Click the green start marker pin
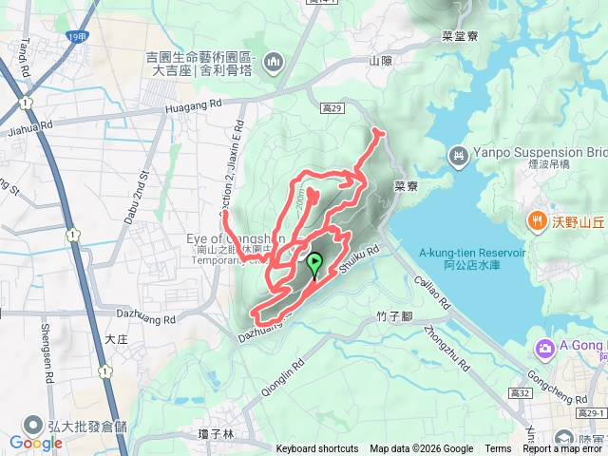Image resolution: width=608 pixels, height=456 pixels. click(313, 265)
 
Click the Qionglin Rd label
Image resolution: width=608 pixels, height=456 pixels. click(284, 365)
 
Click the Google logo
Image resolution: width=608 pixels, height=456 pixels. click(35, 442)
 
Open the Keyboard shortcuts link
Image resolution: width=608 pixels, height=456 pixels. click(317, 449)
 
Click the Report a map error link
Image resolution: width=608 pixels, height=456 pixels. click(562, 449)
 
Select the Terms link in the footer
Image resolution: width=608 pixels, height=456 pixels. click(498, 449)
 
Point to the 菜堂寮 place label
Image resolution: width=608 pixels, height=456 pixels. click(433, 36)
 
